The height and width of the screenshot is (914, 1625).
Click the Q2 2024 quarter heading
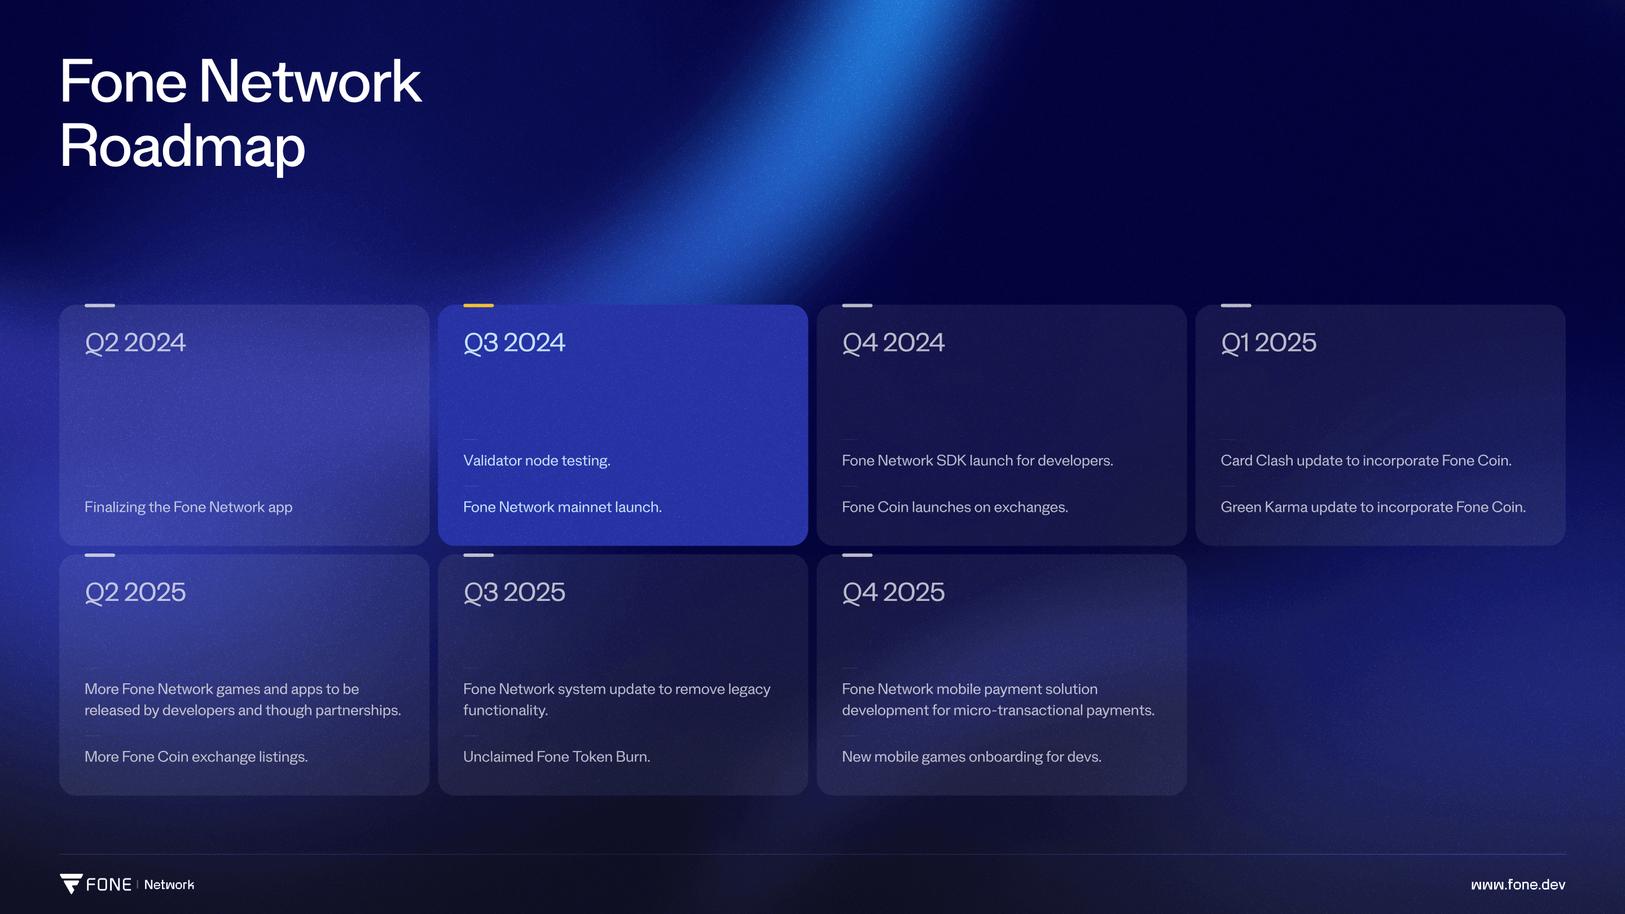point(135,342)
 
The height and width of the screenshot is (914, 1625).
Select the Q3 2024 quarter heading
point(514,342)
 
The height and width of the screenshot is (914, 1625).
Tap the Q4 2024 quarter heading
point(893,342)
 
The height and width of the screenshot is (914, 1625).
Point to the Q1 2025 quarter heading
point(1268,342)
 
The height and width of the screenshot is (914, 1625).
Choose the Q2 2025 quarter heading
point(135,592)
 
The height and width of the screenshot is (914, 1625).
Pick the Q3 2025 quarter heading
point(514,592)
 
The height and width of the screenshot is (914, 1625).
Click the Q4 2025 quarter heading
point(893,592)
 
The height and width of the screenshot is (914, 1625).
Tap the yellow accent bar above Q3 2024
point(478,305)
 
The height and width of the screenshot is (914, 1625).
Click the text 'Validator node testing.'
point(537,460)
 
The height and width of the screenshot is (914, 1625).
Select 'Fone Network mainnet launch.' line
point(562,507)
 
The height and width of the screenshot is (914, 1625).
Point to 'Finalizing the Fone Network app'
point(188,507)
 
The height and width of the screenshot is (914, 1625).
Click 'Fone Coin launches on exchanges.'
point(955,507)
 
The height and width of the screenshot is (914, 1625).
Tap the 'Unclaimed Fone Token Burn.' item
point(556,756)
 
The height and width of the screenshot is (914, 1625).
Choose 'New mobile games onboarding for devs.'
point(972,756)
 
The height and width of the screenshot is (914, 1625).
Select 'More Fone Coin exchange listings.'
point(196,756)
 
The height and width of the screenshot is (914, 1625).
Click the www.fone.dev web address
point(1518,884)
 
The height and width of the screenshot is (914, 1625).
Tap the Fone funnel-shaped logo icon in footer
point(71,884)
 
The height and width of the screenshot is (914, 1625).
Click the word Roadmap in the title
point(182,146)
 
